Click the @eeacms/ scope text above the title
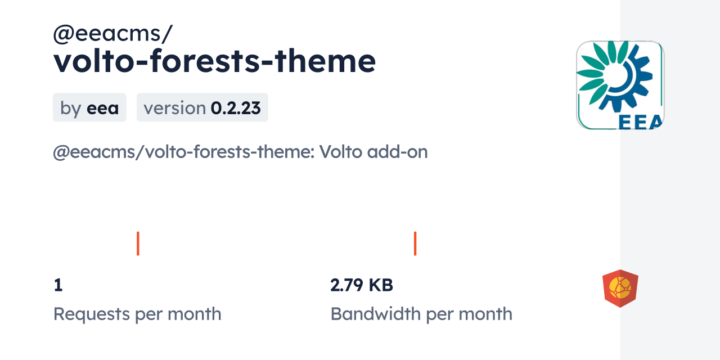(113, 34)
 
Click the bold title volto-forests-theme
(215, 61)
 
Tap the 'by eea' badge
(89, 107)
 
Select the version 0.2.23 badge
(202, 107)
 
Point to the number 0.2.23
(236, 108)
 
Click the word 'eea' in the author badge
(102, 109)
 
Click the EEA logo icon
(620, 85)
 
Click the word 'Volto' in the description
(341, 152)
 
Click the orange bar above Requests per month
(138, 244)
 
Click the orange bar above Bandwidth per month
(415, 244)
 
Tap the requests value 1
(58, 285)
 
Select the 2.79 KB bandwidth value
(362, 285)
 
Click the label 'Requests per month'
(137, 314)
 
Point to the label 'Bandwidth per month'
(421, 314)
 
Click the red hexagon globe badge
(620, 289)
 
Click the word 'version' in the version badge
(174, 108)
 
